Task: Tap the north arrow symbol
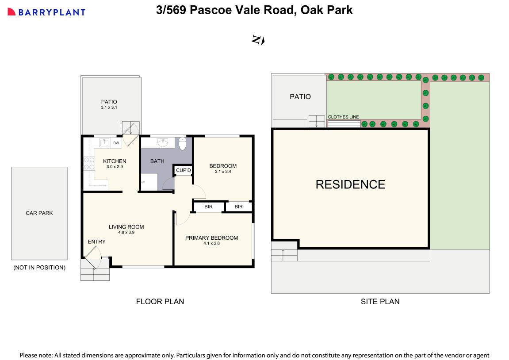click(x=258, y=40)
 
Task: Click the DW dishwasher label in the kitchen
click(x=116, y=143)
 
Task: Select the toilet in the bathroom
click(x=182, y=144)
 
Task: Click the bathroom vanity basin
click(x=163, y=143)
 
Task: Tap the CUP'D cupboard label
click(x=183, y=170)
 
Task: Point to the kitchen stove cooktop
click(x=89, y=164)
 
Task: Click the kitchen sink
click(x=104, y=143)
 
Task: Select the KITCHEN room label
click(x=115, y=161)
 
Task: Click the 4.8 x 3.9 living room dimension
click(x=126, y=233)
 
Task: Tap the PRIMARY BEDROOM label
click(x=211, y=238)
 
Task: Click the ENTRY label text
click(x=96, y=241)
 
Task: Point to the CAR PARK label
click(x=39, y=213)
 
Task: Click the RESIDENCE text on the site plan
click(x=350, y=184)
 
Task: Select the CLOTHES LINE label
click(x=343, y=117)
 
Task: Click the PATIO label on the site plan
click(x=300, y=96)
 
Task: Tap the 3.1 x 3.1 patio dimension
click(x=109, y=107)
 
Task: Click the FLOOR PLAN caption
click(x=160, y=302)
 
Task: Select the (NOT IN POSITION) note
click(x=39, y=268)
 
